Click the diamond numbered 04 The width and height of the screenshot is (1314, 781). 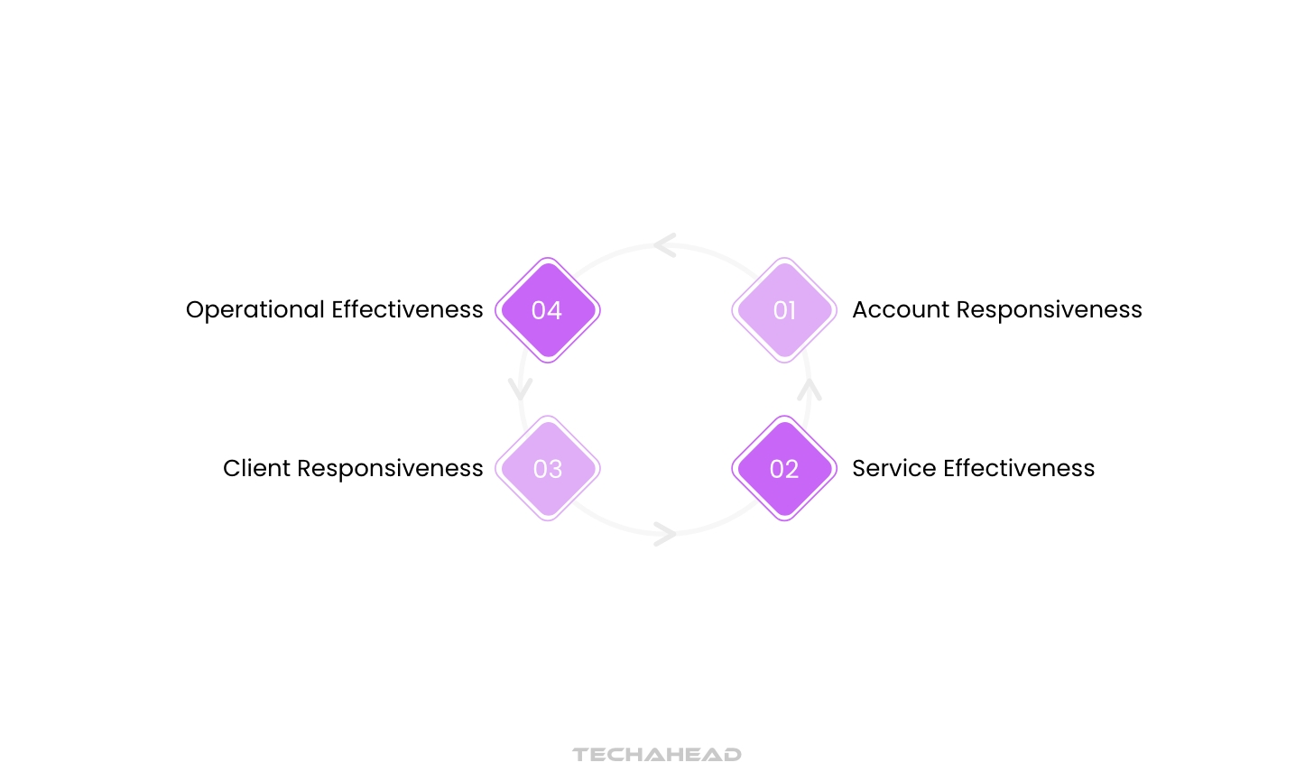point(548,310)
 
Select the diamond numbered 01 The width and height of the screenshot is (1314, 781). point(784,310)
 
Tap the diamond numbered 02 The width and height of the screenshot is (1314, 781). point(784,468)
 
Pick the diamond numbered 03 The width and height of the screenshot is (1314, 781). point(548,468)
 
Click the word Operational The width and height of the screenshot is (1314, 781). point(255,310)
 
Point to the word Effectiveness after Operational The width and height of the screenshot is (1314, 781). point(407,309)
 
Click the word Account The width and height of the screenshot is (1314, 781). point(901,309)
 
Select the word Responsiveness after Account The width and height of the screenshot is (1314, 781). point(1049,310)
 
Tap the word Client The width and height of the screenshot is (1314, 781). point(256,468)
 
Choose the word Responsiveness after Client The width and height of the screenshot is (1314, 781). point(390,469)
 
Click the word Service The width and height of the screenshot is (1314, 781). point(893,468)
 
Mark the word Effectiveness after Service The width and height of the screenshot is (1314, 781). point(1018,468)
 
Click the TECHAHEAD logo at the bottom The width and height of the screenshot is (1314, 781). point(657,754)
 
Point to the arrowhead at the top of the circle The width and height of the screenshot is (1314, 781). point(665,244)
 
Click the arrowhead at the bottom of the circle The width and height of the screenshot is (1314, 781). point(665,534)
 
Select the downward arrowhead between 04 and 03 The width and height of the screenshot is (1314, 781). point(521,389)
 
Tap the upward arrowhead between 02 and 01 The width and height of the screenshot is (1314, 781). point(810,390)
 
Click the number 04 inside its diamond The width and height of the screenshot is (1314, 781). point(547,310)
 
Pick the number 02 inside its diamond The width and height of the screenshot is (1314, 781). point(784,469)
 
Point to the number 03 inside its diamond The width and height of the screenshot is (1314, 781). point(548,469)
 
